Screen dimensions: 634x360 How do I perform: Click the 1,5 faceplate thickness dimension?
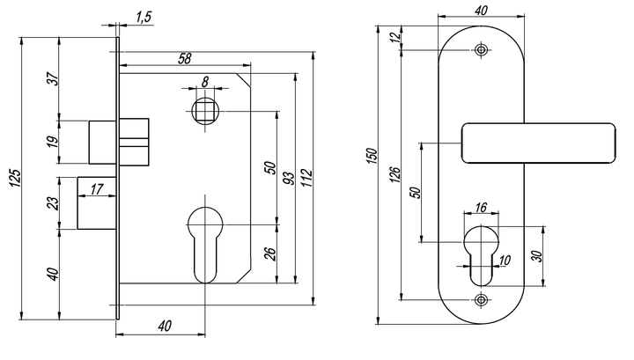click(144, 18)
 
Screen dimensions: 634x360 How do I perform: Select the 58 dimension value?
click(184, 59)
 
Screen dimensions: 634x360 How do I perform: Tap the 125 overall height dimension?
click(15, 178)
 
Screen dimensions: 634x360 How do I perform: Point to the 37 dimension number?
click(53, 78)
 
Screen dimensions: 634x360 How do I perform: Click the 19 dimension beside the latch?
click(53, 142)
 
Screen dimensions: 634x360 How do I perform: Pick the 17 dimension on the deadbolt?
click(97, 188)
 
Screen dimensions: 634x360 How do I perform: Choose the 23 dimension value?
click(53, 202)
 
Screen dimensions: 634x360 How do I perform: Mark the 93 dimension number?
click(289, 178)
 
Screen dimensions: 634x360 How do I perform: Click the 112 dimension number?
click(307, 178)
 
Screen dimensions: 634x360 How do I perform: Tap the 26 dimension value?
click(270, 253)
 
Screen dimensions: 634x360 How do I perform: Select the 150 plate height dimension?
click(372, 157)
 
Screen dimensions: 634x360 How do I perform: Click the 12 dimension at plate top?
click(396, 37)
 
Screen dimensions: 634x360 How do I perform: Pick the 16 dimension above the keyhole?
click(481, 208)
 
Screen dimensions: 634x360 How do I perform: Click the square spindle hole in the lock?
click(205, 111)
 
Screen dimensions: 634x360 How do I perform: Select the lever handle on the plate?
click(538, 143)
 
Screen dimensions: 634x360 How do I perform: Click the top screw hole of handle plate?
click(481, 50)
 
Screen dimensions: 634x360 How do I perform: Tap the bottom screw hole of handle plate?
click(481, 300)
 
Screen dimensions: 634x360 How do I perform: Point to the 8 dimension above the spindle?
click(205, 82)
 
